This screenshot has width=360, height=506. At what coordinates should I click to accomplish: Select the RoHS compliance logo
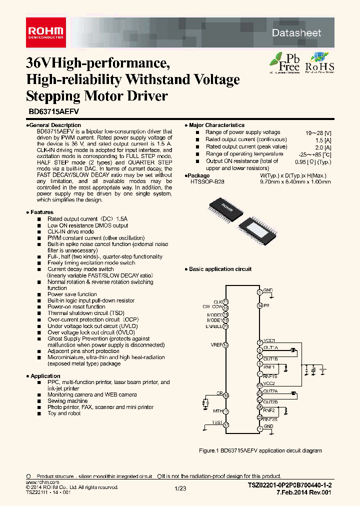click(319, 62)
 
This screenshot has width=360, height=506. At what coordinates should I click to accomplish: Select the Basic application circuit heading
click(220, 269)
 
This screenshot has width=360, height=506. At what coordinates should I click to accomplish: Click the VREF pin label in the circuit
click(215, 345)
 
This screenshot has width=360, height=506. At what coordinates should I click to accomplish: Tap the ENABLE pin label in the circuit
click(213, 326)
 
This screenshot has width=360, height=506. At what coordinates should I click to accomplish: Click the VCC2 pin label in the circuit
click(269, 383)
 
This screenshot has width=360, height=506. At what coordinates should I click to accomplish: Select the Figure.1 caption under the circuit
click(260, 450)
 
